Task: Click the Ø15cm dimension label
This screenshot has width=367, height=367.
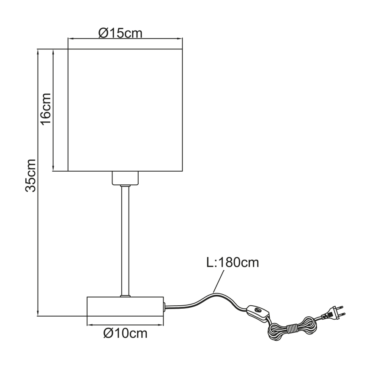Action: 121,33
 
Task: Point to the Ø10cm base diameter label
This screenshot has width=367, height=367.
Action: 125,333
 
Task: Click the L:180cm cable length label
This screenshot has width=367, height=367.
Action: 233,263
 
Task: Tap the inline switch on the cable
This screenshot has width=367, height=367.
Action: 258,312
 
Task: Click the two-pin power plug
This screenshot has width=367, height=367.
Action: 333,312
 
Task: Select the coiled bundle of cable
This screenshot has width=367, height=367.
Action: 292,329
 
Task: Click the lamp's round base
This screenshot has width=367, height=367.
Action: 125,307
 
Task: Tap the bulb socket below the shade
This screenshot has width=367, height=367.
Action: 125,178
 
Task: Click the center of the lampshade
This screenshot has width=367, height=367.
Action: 125,110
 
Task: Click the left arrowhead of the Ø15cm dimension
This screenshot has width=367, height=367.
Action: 70,38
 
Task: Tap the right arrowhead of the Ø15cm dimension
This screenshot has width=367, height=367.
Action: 180,38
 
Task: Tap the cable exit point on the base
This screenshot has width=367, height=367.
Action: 164,307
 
